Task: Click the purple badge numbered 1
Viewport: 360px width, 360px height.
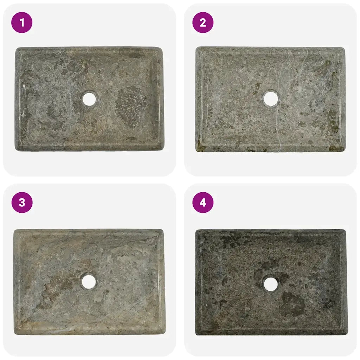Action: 22,23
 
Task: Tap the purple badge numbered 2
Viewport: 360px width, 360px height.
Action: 203,23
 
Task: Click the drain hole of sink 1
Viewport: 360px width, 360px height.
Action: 89,99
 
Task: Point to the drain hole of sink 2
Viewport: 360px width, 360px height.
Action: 271,99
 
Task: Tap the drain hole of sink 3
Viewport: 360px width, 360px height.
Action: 89,282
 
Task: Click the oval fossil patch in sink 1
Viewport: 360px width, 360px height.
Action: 131,105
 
